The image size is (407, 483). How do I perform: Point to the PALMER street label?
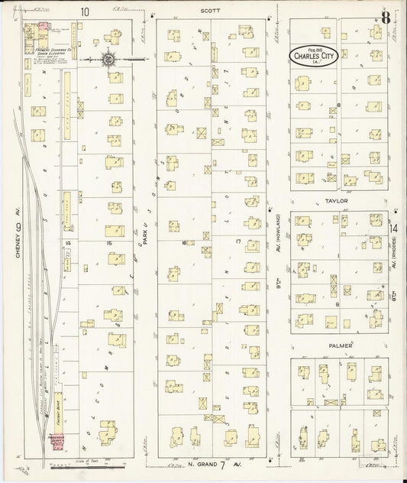[341, 346]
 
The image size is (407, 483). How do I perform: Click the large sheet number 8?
[387, 18]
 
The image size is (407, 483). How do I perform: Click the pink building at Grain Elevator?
[44, 27]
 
